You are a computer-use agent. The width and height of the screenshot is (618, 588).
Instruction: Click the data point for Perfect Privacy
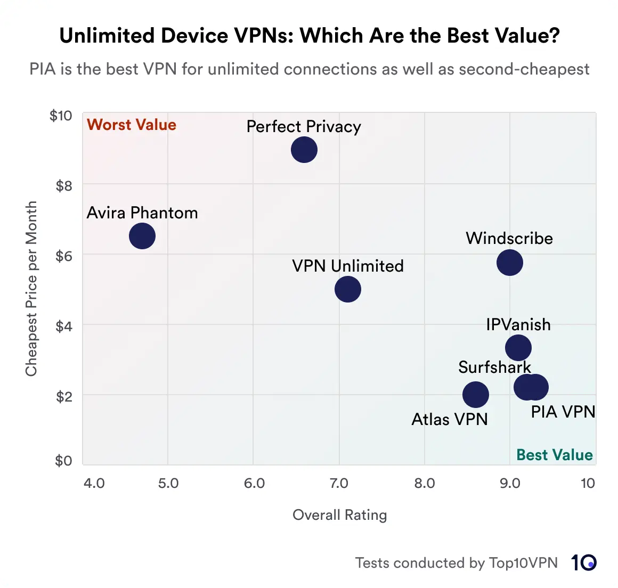pyautogui.click(x=304, y=150)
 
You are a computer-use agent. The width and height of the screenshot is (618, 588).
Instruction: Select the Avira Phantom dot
pyautogui.click(x=142, y=236)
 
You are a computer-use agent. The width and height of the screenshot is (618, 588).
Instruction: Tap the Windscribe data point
pyautogui.click(x=510, y=263)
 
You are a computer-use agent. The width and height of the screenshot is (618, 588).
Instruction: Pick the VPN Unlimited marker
pyautogui.click(x=348, y=289)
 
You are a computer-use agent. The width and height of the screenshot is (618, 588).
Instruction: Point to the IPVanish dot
pyautogui.click(x=518, y=348)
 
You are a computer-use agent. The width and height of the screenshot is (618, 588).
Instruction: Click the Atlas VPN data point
pyautogui.click(x=476, y=395)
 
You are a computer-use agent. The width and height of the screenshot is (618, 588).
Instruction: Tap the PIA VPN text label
pyautogui.click(x=563, y=412)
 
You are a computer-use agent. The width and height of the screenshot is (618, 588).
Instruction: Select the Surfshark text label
pyautogui.click(x=494, y=367)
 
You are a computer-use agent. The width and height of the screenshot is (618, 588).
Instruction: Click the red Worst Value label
pyautogui.click(x=132, y=125)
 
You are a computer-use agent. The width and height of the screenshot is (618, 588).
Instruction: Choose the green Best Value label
pyautogui.click(x=554, y=455)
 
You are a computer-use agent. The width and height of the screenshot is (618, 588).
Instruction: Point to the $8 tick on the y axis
pyautogui.click(x=63, y=185)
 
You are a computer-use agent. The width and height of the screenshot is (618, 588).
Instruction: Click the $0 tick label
pyautogui.click(x=63, y=461)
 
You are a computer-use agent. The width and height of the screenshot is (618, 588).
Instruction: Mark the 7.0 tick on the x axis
pyautogui.click(x=339, y=483)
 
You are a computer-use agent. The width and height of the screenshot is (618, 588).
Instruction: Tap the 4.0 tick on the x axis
pyautogui.click(x=94, y=483)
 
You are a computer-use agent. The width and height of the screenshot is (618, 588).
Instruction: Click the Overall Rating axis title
pyautogui.click(x=339, y=515)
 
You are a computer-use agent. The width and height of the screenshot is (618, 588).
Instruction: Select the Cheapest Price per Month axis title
pyautogui.click(x=31, y=288)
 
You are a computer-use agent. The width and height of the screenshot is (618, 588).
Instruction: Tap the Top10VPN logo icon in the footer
pyautogui.click(x=583, y=563)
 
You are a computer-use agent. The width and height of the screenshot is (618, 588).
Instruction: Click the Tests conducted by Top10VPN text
pyautogui.click(x=456, y=563)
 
